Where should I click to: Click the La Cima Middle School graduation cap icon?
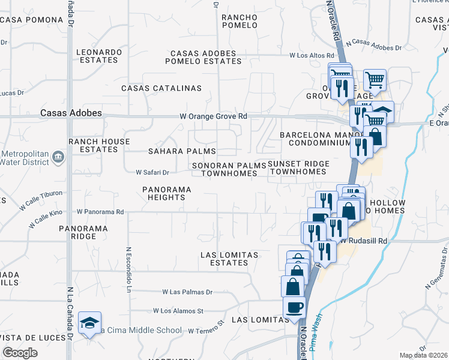[89, 323]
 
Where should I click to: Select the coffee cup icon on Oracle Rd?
[294, 308]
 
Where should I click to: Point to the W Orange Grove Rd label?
[213, 116]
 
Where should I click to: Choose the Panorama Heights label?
[167, 193]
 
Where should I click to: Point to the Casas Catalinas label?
[161, 88]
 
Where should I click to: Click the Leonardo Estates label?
[98, 56]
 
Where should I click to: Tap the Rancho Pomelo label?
[240, 21]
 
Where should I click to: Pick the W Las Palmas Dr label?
[187, 292]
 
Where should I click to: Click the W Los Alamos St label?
[178, 311]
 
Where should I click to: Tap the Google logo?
[20, 353]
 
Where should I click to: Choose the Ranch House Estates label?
[99, 145]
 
